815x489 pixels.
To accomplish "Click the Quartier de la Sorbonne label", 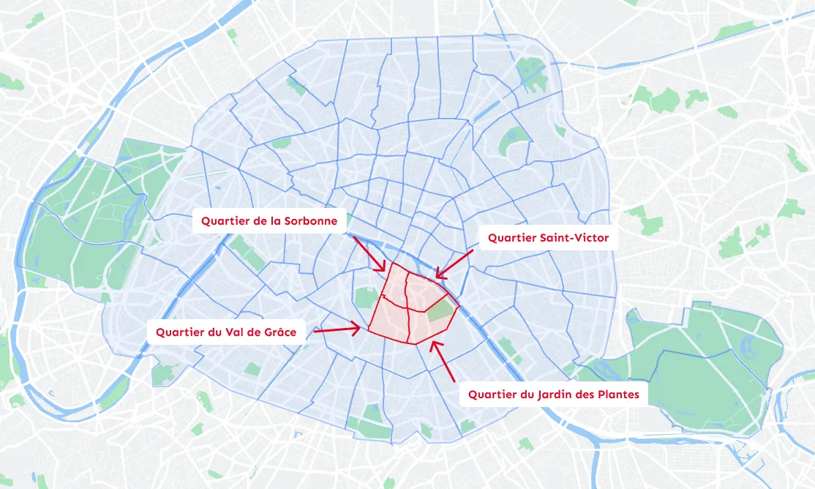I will click(x=269, y=220).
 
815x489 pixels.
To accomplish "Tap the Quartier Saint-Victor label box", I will click(x=548, y=238).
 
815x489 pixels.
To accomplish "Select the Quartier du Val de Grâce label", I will click(x=225, y=332).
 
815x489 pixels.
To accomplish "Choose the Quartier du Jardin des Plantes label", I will click(x=553, y=395).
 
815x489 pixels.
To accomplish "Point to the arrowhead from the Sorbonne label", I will click(x=382, y=268).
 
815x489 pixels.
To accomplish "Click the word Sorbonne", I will click(x=312, y=220).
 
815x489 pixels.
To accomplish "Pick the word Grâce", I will click(x=279, y=332).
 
